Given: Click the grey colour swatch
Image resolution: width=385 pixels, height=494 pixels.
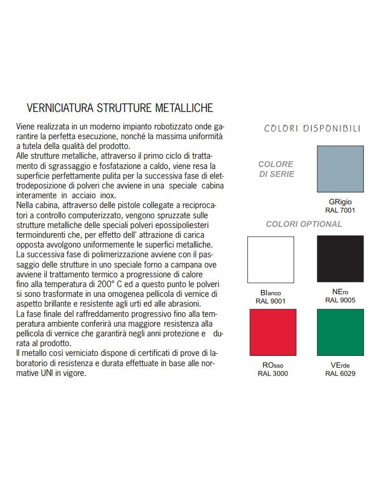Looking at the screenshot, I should pyautogui.click(x=340, y=169).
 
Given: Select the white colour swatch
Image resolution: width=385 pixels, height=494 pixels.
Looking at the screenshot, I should pyautogui.click(x=271, y=259).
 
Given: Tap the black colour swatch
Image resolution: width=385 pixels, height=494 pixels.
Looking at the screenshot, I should pyautogui.click(x=340, y=259).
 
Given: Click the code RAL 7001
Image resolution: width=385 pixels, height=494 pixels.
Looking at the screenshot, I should pyautogui.click(x=340, y=210).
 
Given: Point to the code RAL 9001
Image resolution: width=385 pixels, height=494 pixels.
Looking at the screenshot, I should pyautogui.click(x=271, y=301).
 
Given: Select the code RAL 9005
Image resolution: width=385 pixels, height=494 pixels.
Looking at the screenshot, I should pyautogui.click(x=340, y=300).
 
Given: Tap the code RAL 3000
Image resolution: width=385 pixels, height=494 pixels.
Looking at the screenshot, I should pyautogui.click(x=272, y=373).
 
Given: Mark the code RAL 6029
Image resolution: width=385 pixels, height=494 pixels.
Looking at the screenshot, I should pyautogui.click(x=340, y=373).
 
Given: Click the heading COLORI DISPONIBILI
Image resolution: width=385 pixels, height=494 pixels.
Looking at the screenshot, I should pyautogui.click(x=312, y=128).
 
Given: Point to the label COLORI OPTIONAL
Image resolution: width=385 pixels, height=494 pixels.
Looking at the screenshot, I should pyautogui.click(x=304, y=224).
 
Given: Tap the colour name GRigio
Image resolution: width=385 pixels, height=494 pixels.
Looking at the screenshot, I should pyautogui.click(x=340, y=202).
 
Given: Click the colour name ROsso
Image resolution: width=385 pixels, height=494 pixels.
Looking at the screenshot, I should pyautogui.click(x=272, y=365).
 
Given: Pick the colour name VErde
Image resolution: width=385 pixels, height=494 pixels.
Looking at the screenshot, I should pyautogui.click(x=340, y=365).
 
